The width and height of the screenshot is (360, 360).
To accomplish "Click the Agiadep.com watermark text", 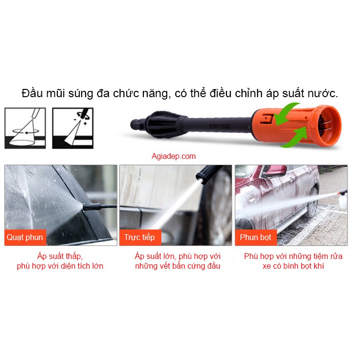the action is tap(173, 156).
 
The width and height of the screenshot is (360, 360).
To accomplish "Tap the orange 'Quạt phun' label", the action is tap(25, 237).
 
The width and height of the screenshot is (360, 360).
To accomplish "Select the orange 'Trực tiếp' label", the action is tap(140, 237).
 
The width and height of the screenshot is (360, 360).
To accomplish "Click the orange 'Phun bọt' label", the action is tap(256, 237).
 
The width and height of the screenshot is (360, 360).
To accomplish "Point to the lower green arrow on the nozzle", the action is tap(294, 137).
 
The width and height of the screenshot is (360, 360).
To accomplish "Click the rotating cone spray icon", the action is tap(25, 128).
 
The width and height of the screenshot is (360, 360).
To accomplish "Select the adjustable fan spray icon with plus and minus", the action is tap(73, 128).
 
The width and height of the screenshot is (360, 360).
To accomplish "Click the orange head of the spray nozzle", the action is tap(296, 125).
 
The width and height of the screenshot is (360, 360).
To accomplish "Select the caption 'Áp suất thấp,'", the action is tap(60, 256).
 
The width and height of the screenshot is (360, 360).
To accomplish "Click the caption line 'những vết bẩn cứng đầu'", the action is tap(177, 266).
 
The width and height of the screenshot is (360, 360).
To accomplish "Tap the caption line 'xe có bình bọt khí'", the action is tap(293, 266).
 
